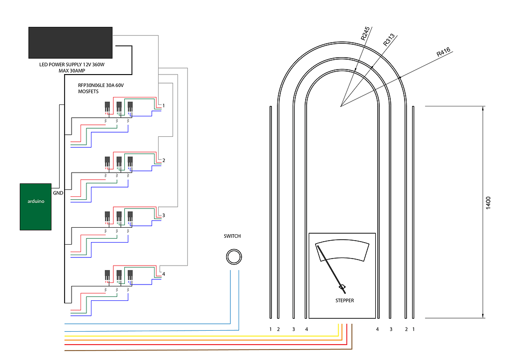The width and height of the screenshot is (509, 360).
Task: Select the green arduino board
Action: (x=36, y=207)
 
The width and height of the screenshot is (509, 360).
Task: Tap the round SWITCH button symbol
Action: (x=234, y=257)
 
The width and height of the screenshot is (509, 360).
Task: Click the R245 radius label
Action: (x=366, y=34)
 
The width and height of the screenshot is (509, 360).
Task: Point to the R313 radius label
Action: (x=389, y=40)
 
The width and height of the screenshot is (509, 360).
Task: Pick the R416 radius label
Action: (x=443, y=52)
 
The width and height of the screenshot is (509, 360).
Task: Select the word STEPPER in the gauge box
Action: (x=344, y=300)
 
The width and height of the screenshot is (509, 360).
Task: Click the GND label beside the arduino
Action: (x=58, y=193)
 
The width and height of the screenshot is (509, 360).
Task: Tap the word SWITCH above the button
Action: (x=232, y=236)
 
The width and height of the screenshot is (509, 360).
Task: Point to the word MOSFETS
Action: (x=88, y=91)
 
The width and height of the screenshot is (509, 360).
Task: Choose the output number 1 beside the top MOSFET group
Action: (x=164, y=106)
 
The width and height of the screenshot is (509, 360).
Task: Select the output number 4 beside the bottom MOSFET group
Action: (x=164, y=274)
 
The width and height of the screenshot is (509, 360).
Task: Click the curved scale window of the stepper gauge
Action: (x=342, y=250)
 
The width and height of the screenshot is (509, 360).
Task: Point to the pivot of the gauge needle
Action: (x=342, y=287)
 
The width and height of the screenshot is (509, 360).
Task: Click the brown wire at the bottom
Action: (x=199, y=350)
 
